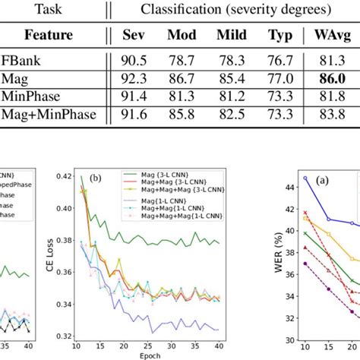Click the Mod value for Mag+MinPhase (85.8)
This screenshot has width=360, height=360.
click(182, 112)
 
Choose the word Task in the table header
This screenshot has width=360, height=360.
click(49, 10)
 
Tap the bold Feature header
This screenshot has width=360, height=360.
click(49, 36)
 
